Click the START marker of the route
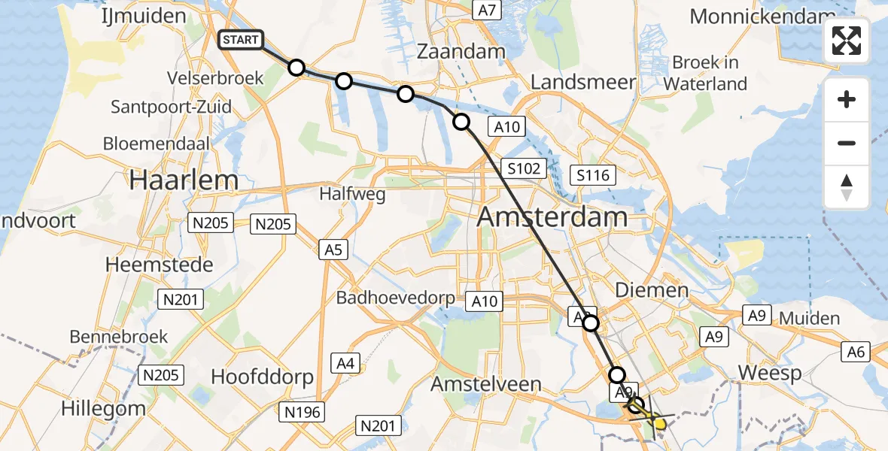(241, 40)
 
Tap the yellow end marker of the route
(659, 424)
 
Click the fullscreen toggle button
(847, 41)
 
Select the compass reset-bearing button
(847, 187)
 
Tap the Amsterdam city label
(552, 217)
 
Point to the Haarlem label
(184, 180)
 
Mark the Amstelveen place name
(485, 384)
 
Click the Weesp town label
(767, 373)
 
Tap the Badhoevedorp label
(395, 298)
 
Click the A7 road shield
(487, 10)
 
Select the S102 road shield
(524, 168)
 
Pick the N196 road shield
(303, 412)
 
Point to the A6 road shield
(856, 350)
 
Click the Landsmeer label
(583, 82)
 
